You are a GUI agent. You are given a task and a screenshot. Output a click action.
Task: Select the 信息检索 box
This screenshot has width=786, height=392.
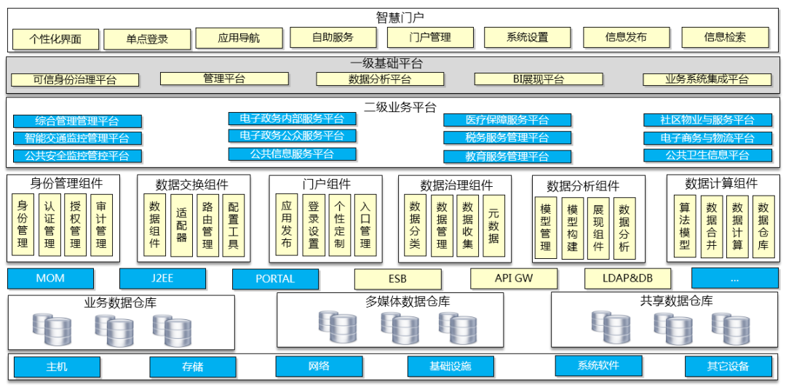(x=725, y=37)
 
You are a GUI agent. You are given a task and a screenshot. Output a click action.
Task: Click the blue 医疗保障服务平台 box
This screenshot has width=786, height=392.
(x=507, y=120)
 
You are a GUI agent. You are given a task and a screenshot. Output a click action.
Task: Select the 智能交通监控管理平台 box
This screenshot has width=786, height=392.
(x=77, y=138)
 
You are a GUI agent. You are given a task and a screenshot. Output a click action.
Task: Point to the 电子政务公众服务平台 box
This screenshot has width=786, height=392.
(x=292, y=136)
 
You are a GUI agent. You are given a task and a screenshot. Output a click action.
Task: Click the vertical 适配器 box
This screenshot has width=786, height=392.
(x=181, y=225)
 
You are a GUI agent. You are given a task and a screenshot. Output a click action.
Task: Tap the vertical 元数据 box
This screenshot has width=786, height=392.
(x=493, y=225)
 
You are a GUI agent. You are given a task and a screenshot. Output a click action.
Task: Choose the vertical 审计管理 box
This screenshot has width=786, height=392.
(x=102, y=225)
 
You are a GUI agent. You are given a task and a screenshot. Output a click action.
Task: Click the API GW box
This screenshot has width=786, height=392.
(x=514, y=279)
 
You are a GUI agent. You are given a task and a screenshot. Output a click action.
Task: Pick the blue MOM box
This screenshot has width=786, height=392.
(x=50, y=279)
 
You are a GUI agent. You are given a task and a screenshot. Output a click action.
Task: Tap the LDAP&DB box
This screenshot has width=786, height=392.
(x=627, y=279)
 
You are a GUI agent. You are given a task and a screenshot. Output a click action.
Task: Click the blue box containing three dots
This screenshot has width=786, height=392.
(x=734, y=279)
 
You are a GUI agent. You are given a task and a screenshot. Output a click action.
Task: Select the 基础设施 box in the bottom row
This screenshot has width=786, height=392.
(x=450, y=367)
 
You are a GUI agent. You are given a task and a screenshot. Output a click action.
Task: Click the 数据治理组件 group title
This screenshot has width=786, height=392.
(x=456, y=185)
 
